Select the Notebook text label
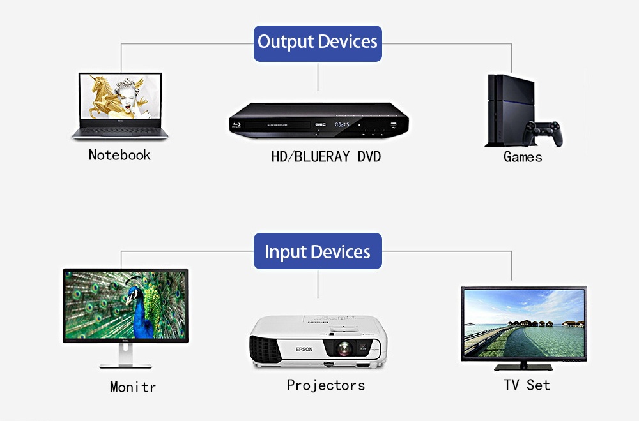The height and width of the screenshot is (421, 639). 119,155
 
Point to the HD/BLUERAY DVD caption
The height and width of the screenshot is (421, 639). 326,156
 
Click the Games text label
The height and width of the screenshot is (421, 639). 523,157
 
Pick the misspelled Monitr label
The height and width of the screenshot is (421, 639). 132,387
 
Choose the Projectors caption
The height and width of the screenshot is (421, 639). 326,385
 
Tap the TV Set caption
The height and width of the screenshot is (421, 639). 527,385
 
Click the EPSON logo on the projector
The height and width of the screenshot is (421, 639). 304,349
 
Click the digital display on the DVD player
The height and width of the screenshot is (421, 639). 344,123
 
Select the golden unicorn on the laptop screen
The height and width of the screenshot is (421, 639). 103,96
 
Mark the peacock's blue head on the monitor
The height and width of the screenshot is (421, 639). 134,295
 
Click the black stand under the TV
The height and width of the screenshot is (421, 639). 523,366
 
